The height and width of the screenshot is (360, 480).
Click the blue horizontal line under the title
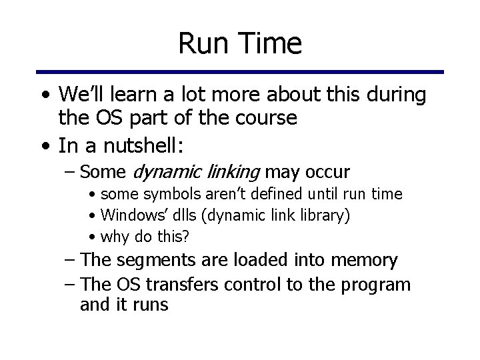[x=240, y=71]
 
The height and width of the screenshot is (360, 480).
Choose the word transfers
[x=183, y=284]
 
